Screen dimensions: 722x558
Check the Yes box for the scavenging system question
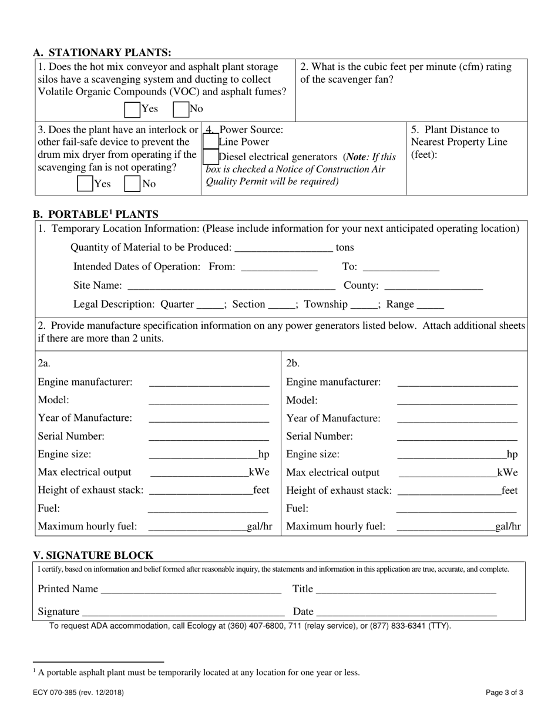pos(133,109)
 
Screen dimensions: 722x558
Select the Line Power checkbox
pos(210,141)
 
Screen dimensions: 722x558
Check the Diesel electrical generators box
pos(210,157)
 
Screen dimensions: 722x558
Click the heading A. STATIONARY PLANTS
pos(102,52)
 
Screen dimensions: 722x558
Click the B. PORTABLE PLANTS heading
pos(96,214)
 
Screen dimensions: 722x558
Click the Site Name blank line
pos(231,285)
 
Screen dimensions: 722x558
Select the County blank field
pos(433,285)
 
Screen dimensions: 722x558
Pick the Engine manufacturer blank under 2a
pos(209,383)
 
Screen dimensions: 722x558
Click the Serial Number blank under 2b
pos(457,437)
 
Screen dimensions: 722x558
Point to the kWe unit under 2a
pos(259,473)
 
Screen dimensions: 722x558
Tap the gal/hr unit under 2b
pos(508,527)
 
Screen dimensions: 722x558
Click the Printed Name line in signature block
pos(191,589)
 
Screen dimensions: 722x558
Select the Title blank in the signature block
pos(406,589)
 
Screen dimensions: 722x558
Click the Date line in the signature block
pos(406,612)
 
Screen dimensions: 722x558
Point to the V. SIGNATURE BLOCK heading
pos(93,555)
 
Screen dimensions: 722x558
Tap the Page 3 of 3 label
pos(505,693)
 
